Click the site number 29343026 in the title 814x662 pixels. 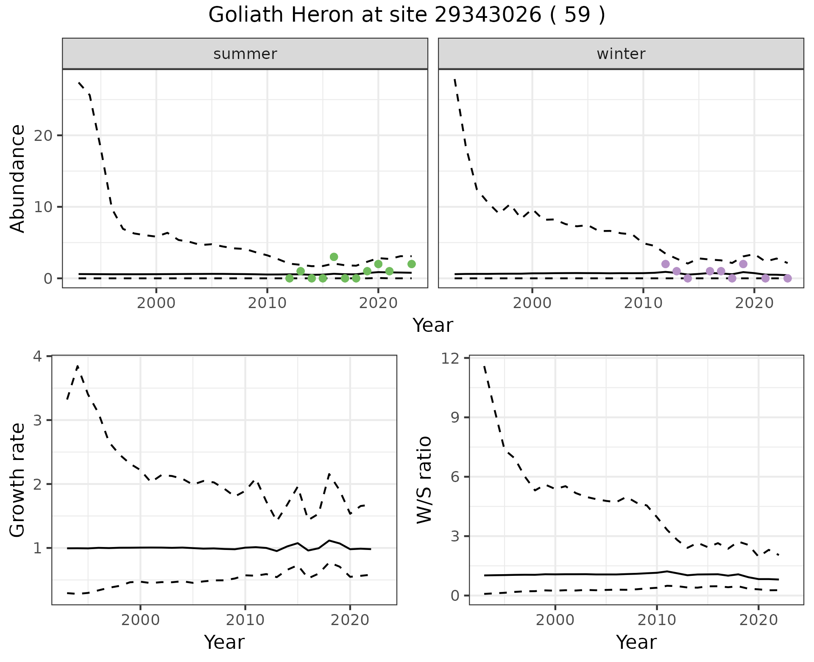[488, 15]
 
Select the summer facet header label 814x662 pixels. [245, 54]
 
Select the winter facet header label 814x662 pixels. [621, 54]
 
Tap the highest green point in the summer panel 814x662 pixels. [334, 257]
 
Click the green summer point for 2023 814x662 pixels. [411, 264]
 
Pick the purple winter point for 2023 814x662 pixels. [787, 278]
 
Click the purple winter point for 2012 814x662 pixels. [665, 264]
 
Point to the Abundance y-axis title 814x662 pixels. [17, 179]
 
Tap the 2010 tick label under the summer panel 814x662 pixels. [267, 303]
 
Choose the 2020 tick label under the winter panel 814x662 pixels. [754, 303]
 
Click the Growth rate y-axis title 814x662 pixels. [17, 480]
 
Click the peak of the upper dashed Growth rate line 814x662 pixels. [78, 365]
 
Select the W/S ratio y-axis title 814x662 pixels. [424, 480]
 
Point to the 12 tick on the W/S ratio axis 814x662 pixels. [452, 358]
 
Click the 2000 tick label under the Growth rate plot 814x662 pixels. [140, 620]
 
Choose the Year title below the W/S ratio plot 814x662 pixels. [636, 642]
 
